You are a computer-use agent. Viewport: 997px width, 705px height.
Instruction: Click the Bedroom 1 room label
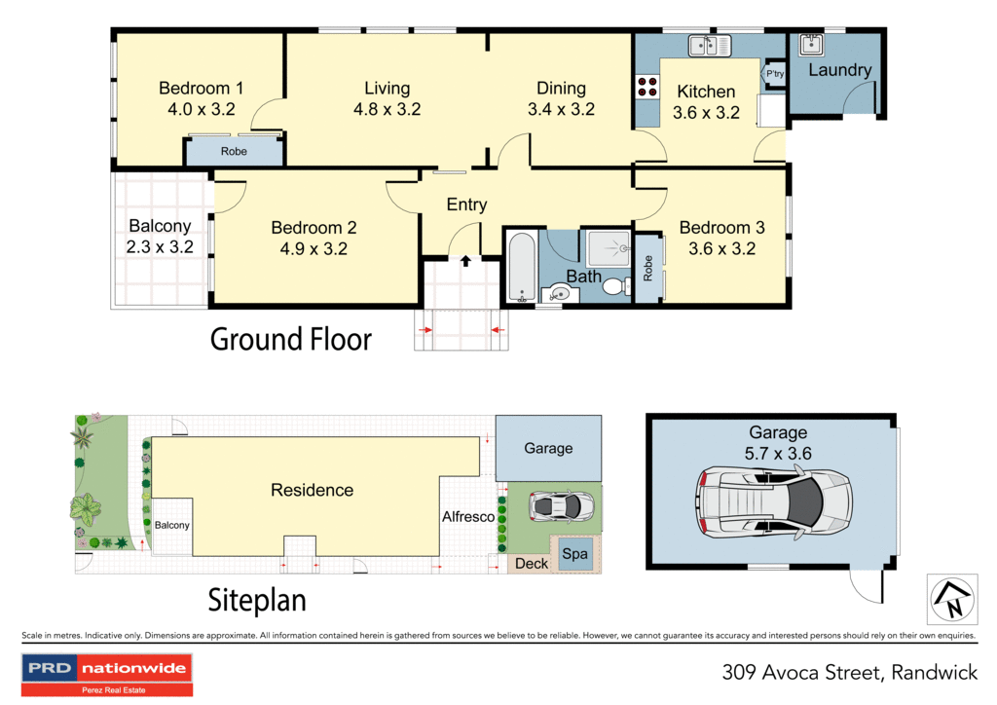[x=201, y=89]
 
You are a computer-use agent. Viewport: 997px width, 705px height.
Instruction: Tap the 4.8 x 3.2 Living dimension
[x=387, y=109]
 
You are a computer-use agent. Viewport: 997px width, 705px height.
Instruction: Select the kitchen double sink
[x=710, y=46]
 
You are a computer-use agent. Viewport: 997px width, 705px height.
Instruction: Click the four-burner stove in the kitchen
[x=646, y=87]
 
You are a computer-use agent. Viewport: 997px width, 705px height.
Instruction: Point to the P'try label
[x=775, y=74]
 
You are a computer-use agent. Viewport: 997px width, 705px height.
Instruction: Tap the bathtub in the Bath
[x=521, y=267]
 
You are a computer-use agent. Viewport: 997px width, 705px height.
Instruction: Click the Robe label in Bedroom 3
[x=648, y=269]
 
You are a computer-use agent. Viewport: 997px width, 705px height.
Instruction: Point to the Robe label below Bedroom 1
[x=234, y=152]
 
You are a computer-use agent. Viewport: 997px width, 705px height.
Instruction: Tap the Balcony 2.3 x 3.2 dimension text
[x=160, y=247]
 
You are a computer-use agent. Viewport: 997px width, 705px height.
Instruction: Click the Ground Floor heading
[x=291, y=340]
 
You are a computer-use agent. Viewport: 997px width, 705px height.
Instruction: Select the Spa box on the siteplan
[x=575, y=554]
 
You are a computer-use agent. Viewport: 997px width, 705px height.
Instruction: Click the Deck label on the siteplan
[x=532, y=563]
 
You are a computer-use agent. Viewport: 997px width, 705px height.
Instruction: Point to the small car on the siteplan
[x=562, y=505]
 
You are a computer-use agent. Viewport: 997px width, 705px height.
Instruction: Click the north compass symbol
[x=949, y=598]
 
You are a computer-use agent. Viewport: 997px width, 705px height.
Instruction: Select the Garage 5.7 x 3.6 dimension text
[x=778, y=452]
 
